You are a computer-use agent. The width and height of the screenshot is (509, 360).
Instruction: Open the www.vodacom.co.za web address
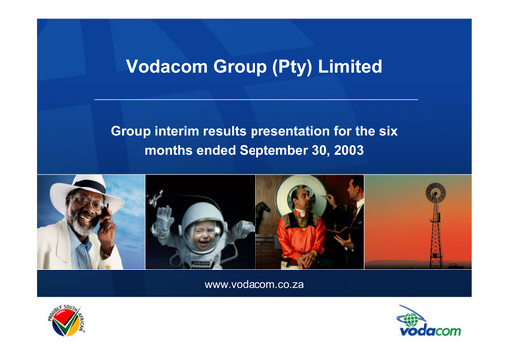click(x=254, y=285)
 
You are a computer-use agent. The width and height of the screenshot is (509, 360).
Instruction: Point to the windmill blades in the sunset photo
click(x=434, y=193)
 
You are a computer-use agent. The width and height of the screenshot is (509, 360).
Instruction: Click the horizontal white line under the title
click(x=254, y=100)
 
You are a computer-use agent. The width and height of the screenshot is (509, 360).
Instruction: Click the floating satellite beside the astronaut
click(x=157, y=199)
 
